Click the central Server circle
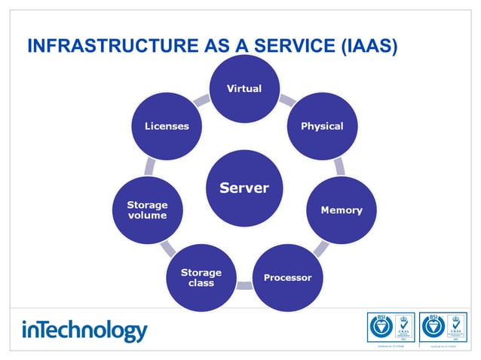[244, 188]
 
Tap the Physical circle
[322, 127]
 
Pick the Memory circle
[341, 210]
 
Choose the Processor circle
[287, 277]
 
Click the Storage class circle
[201, 277]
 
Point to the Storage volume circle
[147, 210]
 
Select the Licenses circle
[167, 127]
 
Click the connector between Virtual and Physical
[286, 100]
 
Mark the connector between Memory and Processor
[321, 249]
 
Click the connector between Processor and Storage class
[244, 286]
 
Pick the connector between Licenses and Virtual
[202, 100]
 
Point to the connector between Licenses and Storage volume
[150, 166]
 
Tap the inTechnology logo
[84, 331]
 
